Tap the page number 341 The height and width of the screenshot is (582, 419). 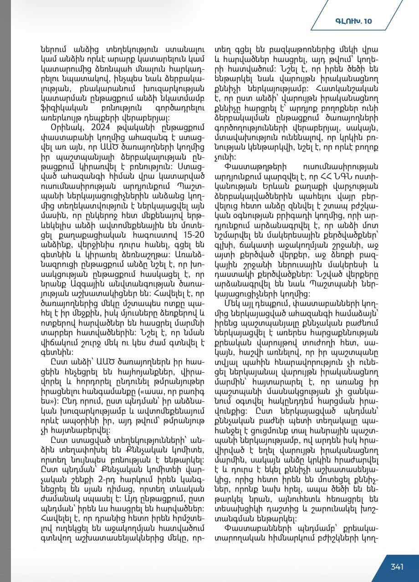tap(397, 566)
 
